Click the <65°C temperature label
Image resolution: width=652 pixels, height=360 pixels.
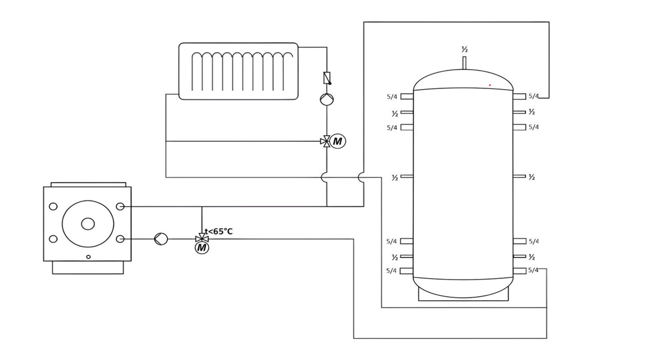(x=220, y=232)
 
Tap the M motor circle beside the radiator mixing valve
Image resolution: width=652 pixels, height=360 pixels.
(x=337, y=141)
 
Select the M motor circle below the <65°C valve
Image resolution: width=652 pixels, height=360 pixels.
(x=202, y=248)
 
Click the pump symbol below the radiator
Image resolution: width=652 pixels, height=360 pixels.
(x=327, y=99)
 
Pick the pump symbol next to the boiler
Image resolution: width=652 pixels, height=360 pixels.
(x=161, y=239)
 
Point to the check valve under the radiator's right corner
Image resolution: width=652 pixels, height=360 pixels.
(x=327, y=78)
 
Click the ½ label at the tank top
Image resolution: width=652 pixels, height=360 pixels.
(x=464, y=50)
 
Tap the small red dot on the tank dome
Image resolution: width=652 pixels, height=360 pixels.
(x=490, y=85)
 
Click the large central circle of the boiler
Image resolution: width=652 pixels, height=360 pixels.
(x=88, y=224)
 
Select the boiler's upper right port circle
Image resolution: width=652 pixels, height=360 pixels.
(x=120, y=207)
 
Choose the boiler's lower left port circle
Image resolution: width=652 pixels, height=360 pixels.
(x=53, y=239)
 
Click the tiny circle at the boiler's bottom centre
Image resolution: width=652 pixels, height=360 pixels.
(x=88, y=256)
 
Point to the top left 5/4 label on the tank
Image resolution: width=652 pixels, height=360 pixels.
(x=392, y=97)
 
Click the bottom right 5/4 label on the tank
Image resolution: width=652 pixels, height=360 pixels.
(x=533, y=270)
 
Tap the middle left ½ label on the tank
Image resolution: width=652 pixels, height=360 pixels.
(x=394, y=178)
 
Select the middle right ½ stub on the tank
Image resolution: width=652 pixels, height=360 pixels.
(x=519, y=177)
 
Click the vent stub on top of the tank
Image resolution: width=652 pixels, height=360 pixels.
(x=464, y=62)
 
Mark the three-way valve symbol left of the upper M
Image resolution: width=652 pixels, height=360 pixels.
(x=326, y=141)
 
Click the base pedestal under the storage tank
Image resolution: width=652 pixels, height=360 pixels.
(x=463, y=296)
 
